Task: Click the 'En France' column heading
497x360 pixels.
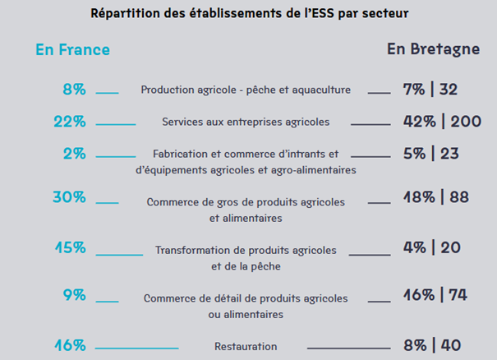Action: (x=72, y=50)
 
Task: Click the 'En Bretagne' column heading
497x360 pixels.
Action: (x=433, y=49)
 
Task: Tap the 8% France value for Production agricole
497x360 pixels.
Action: (x=74, y=90)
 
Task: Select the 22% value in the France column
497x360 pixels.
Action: (x=70, y=122)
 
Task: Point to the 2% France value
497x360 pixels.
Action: (x=74, y=154)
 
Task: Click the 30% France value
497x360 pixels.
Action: (x=69, y=197)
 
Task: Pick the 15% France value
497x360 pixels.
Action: (x=70, y=247)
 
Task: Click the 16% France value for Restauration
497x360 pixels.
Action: (x=70, y=345)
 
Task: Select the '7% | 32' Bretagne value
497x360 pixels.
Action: (x=430, y=90)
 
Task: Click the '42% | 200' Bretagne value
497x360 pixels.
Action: (x=441, y=122)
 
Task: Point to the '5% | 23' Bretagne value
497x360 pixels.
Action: (x=430, y=153)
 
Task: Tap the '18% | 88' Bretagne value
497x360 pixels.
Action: (x=435, y=197)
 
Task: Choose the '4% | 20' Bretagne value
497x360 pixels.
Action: (x=431, y=247)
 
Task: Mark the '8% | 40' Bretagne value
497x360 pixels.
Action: (x=431, y=345)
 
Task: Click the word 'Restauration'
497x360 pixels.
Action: (x=246, y=347)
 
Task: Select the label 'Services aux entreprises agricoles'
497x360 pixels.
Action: (x=246, y=122)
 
